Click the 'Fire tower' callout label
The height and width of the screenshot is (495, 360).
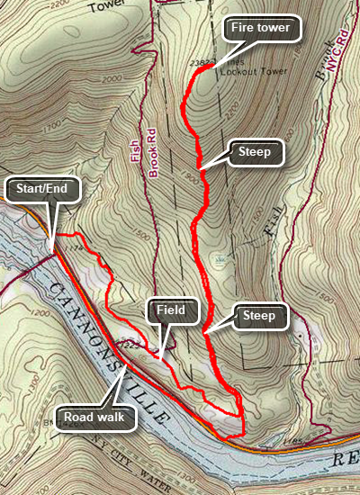tap(260, 28)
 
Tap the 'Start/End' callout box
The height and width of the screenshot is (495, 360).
tap(43, 190)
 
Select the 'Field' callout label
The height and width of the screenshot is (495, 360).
tap(171, 311)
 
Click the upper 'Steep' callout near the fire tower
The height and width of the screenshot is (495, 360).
tap(256, 152)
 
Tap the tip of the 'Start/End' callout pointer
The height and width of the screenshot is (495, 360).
tap(52, 249)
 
